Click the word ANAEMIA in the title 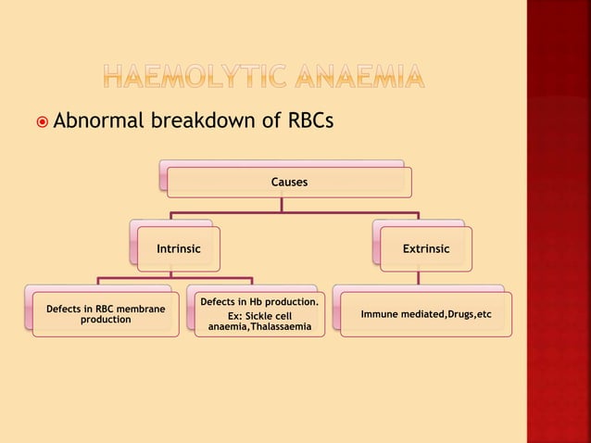[x=376, y=81]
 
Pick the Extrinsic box [x=425, y=249]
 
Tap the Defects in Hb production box [x=260, y=315]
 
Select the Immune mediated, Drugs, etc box [x=425, y=314]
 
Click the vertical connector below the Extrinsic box [x=420, y=277]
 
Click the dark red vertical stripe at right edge [x=559, y=222]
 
